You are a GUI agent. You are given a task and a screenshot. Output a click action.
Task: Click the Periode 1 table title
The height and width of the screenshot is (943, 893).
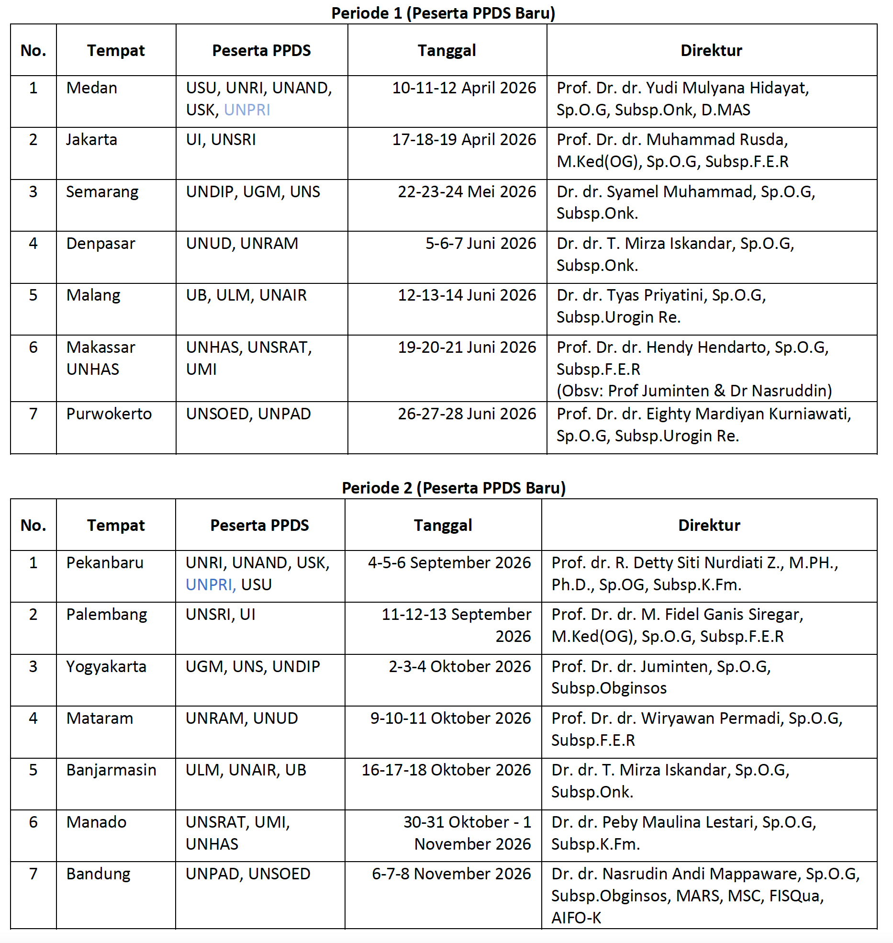click(x=443, y=13)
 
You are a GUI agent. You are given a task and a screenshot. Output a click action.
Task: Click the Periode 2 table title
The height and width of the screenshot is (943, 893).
click(x=454, y=488)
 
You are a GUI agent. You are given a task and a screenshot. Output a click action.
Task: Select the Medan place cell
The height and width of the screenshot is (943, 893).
click(x=92, y=88)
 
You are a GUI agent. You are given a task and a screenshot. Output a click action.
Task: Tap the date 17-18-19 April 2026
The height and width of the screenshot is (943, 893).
click(x=464, y=140)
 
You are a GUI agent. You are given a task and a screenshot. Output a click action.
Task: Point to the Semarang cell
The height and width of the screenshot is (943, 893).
click(x=102, y=192)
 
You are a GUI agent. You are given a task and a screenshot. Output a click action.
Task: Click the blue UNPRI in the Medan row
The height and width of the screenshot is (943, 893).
click(x=247, y=110)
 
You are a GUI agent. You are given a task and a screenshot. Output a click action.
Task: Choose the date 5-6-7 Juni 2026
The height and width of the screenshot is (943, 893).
click(x=480, y=244)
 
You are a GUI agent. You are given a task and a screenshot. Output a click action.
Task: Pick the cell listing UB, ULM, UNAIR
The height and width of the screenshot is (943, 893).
click(x=246, y=295)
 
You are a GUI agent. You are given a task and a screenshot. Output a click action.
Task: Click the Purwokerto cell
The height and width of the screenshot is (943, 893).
click(x=109, y=414)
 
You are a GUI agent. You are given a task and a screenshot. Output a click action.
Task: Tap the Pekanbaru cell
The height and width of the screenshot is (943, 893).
click(x=105, y=563)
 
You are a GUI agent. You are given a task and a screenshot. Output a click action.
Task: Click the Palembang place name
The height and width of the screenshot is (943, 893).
click(x=106, y=615)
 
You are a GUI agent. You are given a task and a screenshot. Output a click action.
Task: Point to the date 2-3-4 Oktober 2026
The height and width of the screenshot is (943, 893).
click(x=459, y=667)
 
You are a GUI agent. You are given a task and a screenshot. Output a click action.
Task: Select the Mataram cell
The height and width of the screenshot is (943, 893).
click(x=100, y=718)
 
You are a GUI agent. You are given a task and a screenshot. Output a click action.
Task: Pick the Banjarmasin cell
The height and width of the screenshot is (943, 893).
click(x=111, y=770)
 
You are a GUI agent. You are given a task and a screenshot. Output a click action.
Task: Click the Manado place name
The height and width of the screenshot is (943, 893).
click(x=96, y=822)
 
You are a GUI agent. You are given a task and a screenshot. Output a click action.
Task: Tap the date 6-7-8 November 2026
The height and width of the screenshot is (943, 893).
click(x=451, y=874)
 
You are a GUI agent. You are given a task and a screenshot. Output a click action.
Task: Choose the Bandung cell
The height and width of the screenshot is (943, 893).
click(x=98, y=874)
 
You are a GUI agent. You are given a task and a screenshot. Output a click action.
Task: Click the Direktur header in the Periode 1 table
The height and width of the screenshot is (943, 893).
click(x=711, y=51)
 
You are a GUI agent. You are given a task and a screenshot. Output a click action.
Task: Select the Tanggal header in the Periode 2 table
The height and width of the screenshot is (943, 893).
click(x=443, y=526)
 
